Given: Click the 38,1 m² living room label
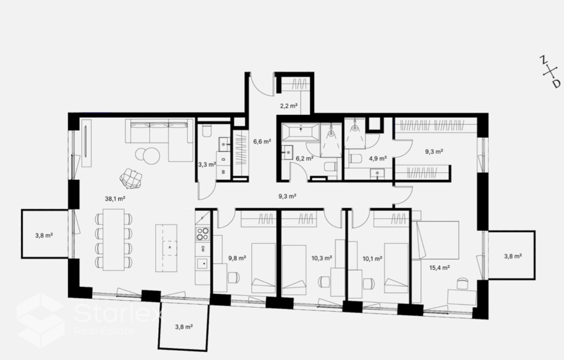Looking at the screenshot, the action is tap(115, 199).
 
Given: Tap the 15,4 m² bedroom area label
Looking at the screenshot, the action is tap(440, 268).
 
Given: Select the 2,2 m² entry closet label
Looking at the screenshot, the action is tap(289, 106).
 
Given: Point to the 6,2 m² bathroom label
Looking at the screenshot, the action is tap(305, 158).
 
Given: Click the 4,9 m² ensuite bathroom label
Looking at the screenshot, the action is tap(378, 158).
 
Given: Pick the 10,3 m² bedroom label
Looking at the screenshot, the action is tap(322, 258).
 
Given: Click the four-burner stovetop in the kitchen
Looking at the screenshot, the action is tap(203, 234).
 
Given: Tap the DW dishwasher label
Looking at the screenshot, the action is tap(203, 249).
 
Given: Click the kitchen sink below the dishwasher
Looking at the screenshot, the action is tap(202, 264).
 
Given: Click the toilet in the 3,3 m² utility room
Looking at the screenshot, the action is tap(207, 131).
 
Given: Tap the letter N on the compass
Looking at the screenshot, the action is tap(543, 61).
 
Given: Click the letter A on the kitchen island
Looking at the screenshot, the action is tap(170, 248).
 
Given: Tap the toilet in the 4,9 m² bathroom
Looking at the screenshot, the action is tap(355, 159).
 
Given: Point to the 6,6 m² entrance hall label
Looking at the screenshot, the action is tap(262, 141).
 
